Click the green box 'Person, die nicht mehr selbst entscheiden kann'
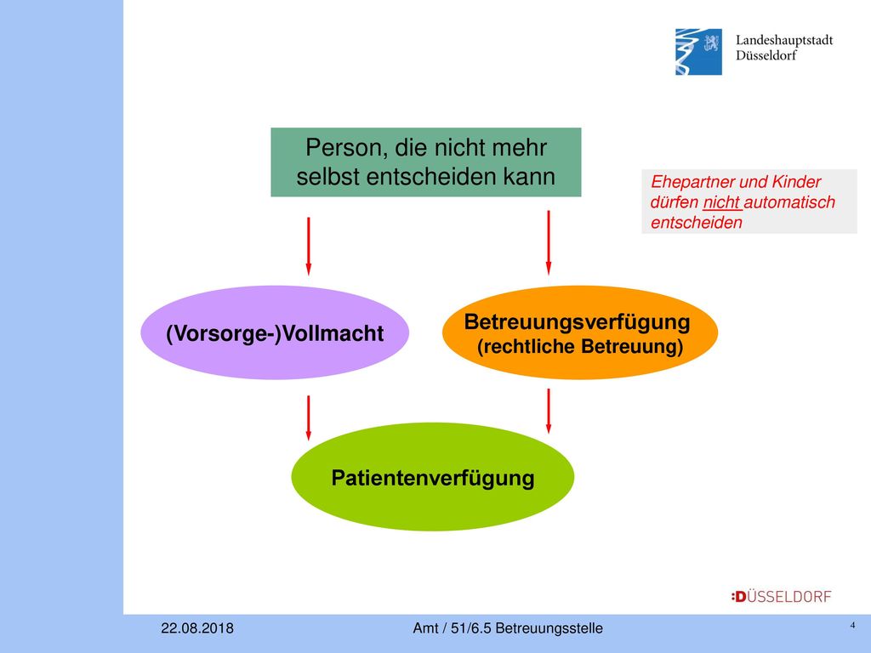[x=426, y=162]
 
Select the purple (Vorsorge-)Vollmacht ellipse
[x=275, y=332]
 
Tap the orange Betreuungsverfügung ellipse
[x=580, y=332]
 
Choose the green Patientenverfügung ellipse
[x=433, y=477]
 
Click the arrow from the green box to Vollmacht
[x=308, y=246]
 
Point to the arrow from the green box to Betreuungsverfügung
[x=549, y=242]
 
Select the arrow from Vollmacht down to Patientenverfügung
[x=308, y=418]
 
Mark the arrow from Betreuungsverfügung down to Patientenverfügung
[x=549, y=411]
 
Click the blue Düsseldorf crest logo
[x=698, y=52]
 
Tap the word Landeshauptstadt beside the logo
[x=784, y=40]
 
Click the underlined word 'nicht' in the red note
[x=721, y=202]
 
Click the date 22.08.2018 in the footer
[x=197, y=628]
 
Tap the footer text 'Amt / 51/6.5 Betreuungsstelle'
[x=508, y=628]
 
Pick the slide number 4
[x=852, y=625]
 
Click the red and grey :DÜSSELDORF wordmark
[x=781, y=597]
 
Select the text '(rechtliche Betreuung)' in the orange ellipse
[x=580, y=347]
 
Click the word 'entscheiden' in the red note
[x=697, y=223]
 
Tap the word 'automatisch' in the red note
[x=789, y=202]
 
